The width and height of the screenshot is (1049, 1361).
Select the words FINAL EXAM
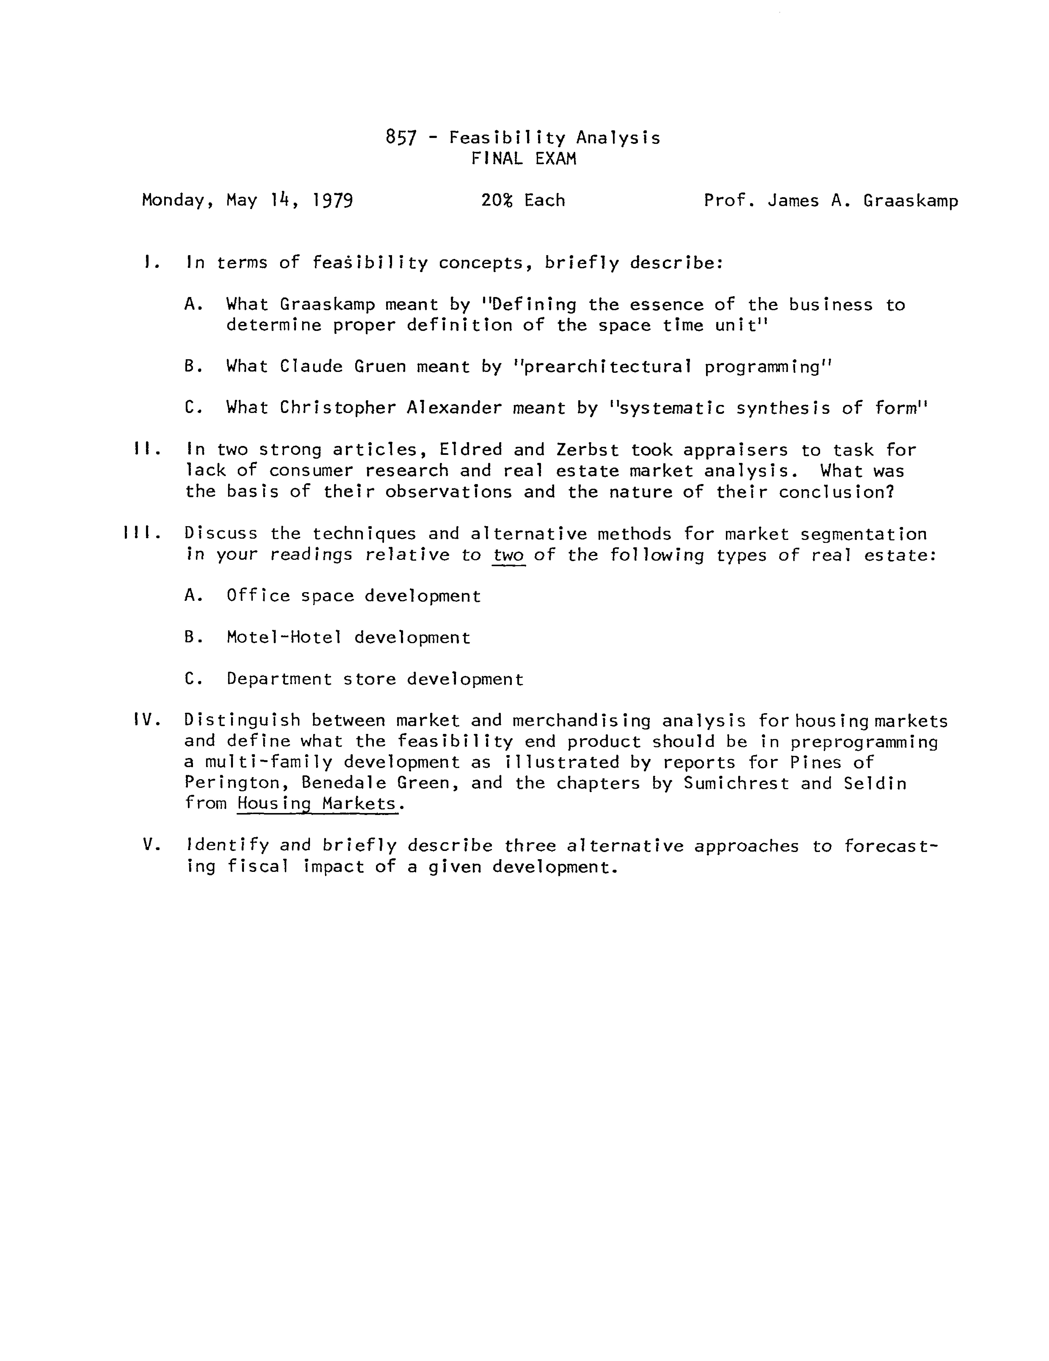click(x=524, y=159)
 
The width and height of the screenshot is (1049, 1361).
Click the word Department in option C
click(x=279, y=679)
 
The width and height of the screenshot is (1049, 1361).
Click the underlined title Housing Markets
click(x=317, y=804)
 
